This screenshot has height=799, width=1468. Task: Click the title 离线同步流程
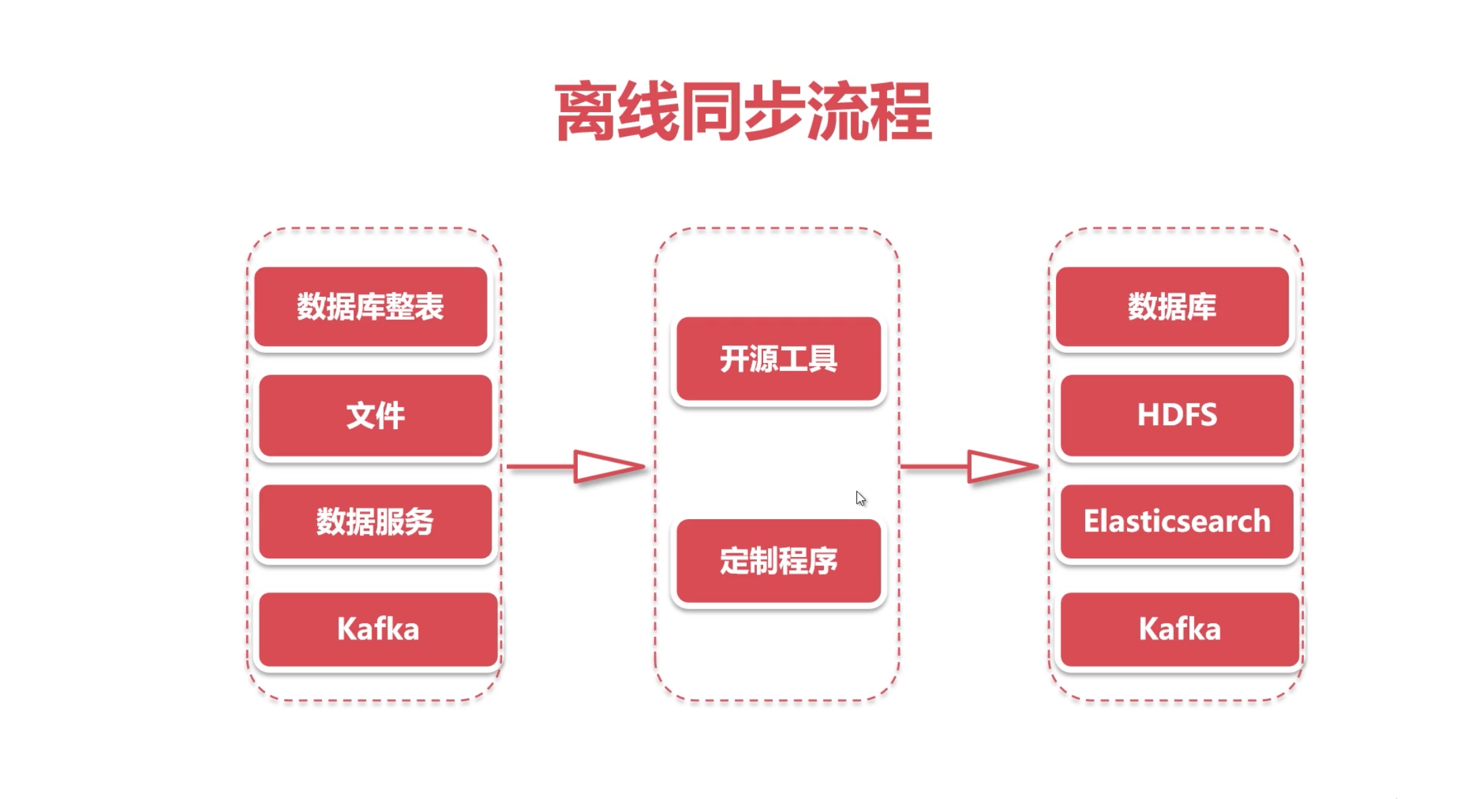[743, 112]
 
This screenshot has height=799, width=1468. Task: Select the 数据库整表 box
[371, 306]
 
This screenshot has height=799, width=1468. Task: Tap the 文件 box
[375, 415]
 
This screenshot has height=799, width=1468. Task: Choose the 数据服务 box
[375, 521]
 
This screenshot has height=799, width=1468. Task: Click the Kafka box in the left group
[378, 629]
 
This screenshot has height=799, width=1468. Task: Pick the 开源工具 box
[779, 359]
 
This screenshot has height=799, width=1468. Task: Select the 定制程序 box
[779, 560]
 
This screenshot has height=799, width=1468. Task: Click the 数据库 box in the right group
[1172, 306]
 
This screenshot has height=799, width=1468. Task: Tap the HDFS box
[1176, 415]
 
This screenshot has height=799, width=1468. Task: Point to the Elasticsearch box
[1176, 521]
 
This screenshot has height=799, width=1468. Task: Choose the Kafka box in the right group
[1179, 629]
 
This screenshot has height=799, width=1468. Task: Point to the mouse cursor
[860, 498]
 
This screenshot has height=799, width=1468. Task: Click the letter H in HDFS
[1149, 415]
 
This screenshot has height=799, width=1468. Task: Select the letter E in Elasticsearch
[1093, 521]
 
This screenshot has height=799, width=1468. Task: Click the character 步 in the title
[775, 112]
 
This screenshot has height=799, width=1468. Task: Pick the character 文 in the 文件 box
[360, 415]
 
